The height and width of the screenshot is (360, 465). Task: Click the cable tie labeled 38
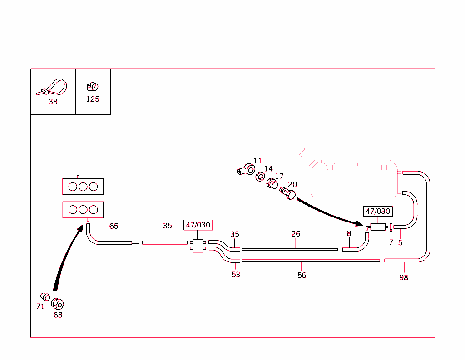(53, 87)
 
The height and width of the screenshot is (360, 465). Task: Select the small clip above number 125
(92, 86)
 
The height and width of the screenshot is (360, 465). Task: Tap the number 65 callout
(114, 226)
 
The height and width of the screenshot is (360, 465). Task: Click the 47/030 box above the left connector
(198, 225)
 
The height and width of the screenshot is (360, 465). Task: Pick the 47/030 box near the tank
(378, 211)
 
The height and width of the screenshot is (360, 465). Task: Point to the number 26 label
(296, 234)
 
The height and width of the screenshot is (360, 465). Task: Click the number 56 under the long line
(302, 275)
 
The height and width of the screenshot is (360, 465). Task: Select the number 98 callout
(404, 277)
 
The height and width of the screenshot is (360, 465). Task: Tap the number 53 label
(236, 275)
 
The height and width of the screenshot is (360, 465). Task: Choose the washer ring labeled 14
(261, 176)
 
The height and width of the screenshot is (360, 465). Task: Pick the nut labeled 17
(272, 184)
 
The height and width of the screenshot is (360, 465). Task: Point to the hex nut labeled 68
(58, 303)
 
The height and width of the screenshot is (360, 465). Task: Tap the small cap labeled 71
(45, 296)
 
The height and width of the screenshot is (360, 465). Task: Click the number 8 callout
(349, 233)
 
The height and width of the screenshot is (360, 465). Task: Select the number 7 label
(391, 242)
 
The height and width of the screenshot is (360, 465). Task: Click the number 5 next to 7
(400, 242)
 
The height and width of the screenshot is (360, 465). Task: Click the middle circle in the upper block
(83, 186)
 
